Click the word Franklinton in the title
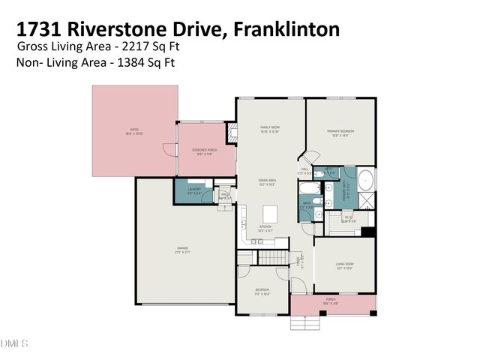click(286, 29)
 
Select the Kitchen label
click(265, 227)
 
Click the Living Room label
click(343, 265)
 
